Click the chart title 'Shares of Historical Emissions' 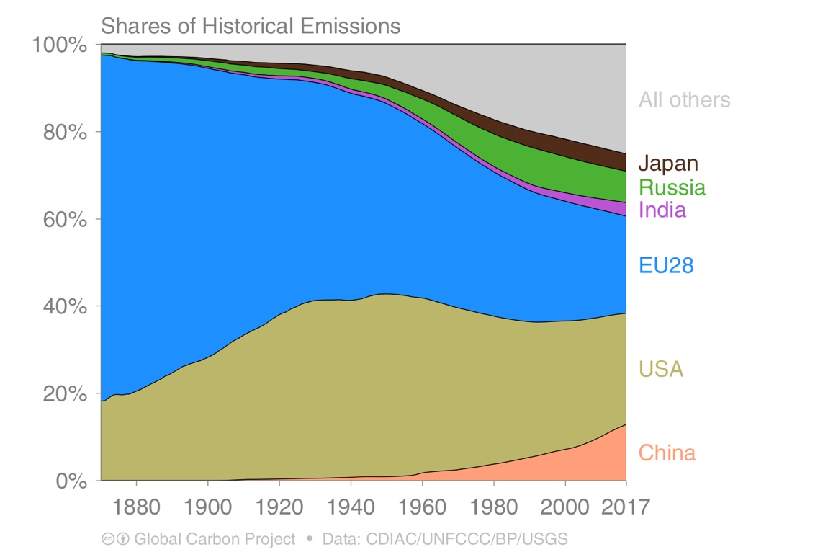[250, 27]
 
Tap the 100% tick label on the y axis [60, 45]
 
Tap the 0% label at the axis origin [70, 481]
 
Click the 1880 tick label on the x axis [136, 506]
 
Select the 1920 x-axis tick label [279, 506]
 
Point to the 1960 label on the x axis [422, 506]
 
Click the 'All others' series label [684, 100]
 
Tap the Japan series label [667, 164]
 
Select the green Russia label [672, 188]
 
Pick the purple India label [662, 210]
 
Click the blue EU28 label [665, 266]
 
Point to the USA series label [660, 370]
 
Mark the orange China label [667, 453]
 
